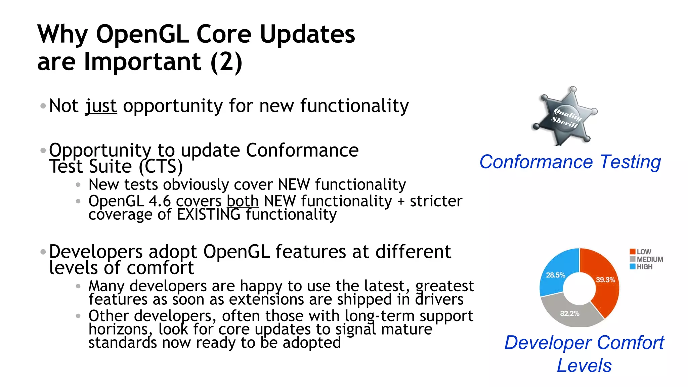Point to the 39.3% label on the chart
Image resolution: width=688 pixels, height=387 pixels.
pyautogui.click(x=605, y=280)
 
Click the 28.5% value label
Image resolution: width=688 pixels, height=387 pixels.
pyautogui.click(x=556, y=275)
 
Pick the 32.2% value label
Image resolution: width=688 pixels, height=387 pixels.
pyautogui.click(x=570, y=313)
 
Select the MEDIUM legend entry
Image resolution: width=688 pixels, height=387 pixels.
pyautogui.click(x=646, y=259)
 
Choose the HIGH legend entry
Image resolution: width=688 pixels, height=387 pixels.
pyautogui.click(x=641, y=267)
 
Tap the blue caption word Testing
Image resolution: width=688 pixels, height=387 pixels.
pyautogui.click(x=630, y=162)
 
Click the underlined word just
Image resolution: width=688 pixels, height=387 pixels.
pyautogui.click(x=101, y=106)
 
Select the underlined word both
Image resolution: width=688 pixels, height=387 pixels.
pyautogui.click(x=243, y=201)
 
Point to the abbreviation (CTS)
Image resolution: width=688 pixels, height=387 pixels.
pyautogui.click(x=161, y=167)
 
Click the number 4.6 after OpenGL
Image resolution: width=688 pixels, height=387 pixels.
pyautogui.click(x=160, y=201)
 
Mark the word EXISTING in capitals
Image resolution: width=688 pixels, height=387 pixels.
pyautogui.click(x=209, y=215)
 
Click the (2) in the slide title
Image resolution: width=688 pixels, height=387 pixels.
pyautogui.click(x=226, y=62)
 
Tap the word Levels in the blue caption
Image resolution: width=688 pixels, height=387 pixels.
pyautogui.click(x=584, y=365)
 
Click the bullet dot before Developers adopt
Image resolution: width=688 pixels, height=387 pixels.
pyautogui.click(x=43, y=252)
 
